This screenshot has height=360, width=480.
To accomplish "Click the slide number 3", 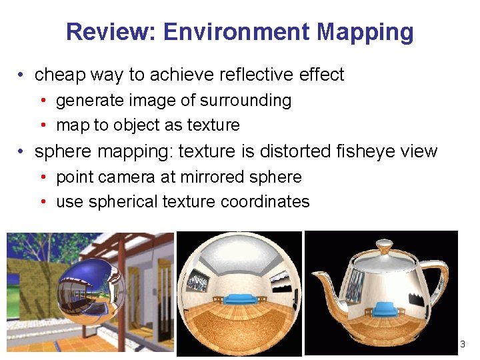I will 463,344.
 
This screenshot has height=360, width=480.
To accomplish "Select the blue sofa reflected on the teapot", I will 385,309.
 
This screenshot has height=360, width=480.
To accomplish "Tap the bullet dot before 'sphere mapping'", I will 22,151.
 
